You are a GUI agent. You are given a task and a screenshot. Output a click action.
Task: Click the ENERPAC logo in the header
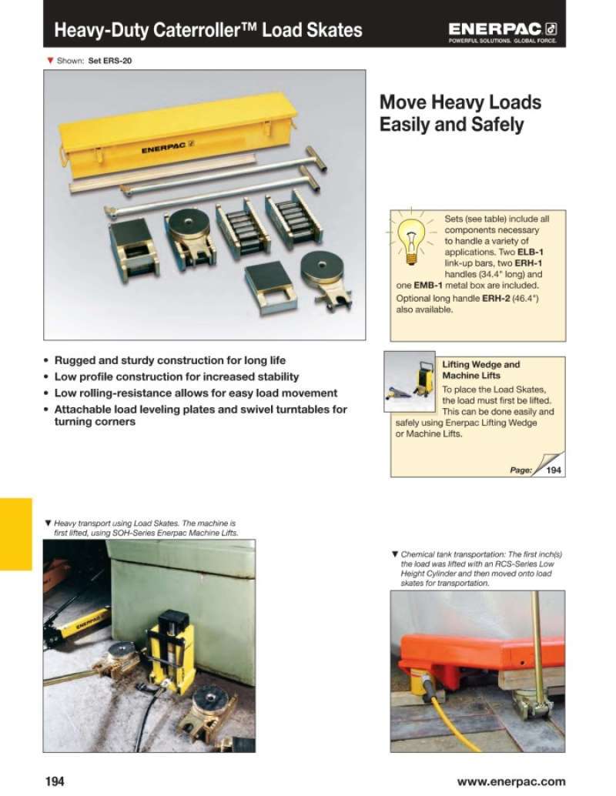(x=502, y=32)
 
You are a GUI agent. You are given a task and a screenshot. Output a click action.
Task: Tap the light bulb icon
(x=411, y=239)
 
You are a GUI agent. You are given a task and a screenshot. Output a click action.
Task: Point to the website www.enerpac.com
(x=511, y=781)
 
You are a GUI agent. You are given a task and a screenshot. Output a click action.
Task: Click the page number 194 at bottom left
(x=55, y=781)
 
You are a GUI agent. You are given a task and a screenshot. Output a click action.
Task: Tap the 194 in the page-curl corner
(x=553, y=470)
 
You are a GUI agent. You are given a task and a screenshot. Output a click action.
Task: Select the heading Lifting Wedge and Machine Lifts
(x=480, y=370)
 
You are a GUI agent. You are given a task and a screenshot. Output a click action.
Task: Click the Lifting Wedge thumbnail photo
(x=410, y=381)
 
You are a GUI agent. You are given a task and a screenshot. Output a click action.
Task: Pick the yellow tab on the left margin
(x=15, y=534)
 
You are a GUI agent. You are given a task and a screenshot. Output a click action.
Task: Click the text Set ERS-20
(x=109, y=60)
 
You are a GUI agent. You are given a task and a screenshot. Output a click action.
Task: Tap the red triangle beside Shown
(x=50, y=60)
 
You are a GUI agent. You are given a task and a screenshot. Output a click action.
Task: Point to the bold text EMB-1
(x=428, y=286)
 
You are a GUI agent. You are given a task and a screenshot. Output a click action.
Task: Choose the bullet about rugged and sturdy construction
(x=170, y=360)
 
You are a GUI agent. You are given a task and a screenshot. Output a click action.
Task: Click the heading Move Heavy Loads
(x=460, y=102)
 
